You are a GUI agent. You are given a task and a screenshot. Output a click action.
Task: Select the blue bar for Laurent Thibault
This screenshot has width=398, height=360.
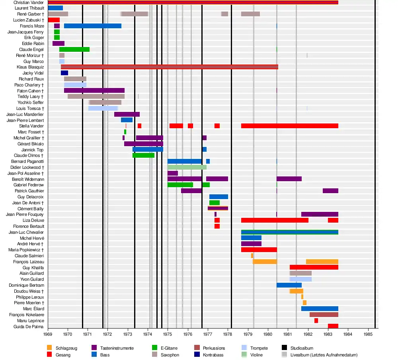[55, 8]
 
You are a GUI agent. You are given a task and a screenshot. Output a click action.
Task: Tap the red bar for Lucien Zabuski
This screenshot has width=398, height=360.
[54, 20]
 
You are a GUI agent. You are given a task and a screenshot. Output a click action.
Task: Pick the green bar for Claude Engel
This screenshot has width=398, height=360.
[74, 49]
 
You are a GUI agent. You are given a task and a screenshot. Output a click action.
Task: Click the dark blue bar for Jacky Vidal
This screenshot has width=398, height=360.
[64, 73]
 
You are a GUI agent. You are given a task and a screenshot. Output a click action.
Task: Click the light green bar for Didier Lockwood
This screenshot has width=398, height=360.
[187, 167]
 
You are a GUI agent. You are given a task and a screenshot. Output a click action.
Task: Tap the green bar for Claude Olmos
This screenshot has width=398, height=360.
[143, 155]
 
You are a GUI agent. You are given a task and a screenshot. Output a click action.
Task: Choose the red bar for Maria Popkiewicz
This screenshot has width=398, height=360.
[259, 250]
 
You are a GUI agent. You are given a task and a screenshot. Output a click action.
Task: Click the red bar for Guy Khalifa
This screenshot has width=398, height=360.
[314, 267]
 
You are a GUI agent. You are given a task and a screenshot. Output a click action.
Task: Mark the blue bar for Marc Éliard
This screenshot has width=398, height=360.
[320, 309]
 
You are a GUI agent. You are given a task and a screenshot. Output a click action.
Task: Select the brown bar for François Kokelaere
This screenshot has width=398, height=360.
[324, 315]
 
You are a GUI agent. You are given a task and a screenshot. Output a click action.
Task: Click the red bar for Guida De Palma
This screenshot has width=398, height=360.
[333, 326]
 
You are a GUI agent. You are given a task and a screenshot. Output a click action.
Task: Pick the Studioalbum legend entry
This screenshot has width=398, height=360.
[298, 348]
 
